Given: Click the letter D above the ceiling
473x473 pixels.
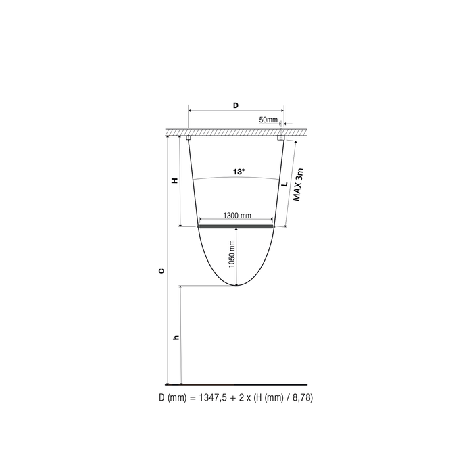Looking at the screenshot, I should (235, 105).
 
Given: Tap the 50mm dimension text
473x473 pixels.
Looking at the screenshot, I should (268, 120).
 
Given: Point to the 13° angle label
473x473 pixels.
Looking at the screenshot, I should (238, 172).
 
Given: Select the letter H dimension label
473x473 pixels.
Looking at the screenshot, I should (175, 181).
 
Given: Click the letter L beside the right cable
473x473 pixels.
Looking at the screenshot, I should (285, 183).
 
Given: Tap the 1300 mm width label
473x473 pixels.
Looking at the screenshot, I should (236, 216).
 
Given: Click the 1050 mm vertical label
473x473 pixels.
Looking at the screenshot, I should (232, 254).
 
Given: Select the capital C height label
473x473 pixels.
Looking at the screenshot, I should (161, 271).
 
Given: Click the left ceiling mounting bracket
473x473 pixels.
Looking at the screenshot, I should (189, 139).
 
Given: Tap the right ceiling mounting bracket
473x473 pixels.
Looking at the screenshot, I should (280, 139).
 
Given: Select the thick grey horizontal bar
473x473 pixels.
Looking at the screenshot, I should (236, 227).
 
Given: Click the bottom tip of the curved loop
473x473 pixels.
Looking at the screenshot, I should (236, 286).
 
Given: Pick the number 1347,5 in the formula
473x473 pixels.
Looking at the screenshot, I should (209, 399).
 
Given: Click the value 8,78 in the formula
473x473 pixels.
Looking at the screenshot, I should (298, 399).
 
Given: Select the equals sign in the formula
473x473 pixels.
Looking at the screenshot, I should (191, 399).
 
